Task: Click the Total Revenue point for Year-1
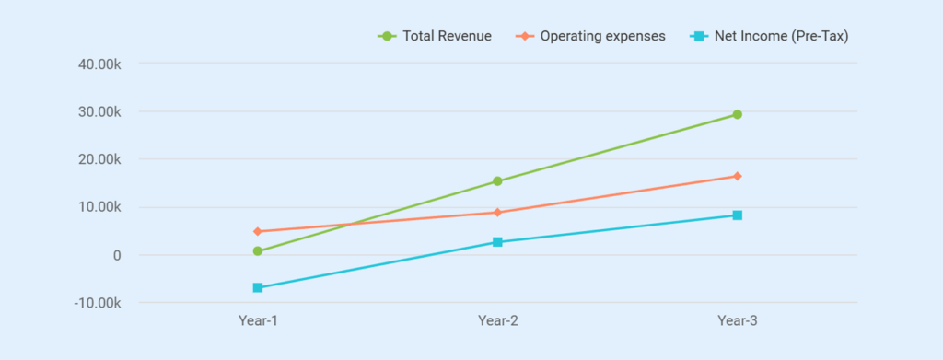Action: point(258,251)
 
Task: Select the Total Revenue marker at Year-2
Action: point(497,181)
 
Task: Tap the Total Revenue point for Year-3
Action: point(738,114)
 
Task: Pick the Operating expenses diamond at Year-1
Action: point(258,231)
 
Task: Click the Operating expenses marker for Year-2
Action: point(497,213)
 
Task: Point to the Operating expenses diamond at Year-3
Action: point(738,176)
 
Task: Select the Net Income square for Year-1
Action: point(258,288)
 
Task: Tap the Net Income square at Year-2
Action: point(497,242)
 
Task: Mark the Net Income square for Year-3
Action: point(738,215)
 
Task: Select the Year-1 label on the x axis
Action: point(258,321)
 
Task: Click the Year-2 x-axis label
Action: point(497,321)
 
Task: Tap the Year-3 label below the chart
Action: point(738,321)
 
